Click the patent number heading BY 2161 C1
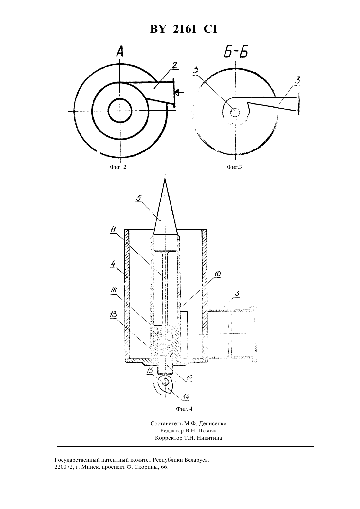(184, 29)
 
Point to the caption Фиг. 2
(118, 167)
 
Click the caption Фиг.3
(234, 167)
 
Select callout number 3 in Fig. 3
(298, 80)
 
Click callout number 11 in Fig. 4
(114, 230)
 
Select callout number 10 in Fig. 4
(218, 274)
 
